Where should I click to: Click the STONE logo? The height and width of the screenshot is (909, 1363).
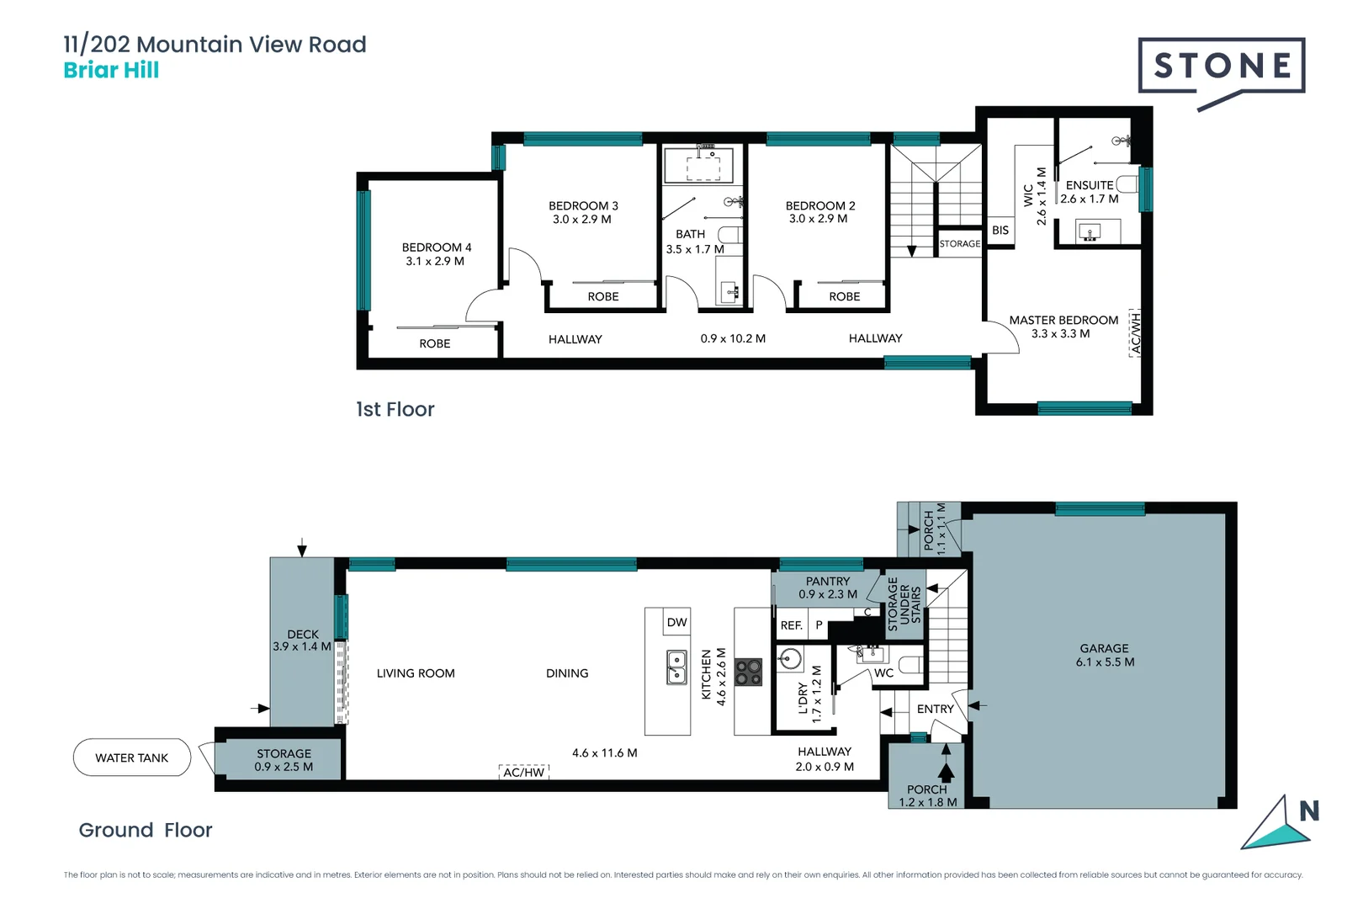1222,66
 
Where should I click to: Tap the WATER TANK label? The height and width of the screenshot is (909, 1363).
132,757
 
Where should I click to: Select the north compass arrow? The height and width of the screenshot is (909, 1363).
1276,825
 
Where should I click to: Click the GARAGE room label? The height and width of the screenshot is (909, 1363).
1104,649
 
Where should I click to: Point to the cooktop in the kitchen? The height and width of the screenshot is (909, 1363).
748,672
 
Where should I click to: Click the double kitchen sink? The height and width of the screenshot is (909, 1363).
676,667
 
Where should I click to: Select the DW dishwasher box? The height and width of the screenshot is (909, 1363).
676,623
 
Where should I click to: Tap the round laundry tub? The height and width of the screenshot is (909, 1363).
790,658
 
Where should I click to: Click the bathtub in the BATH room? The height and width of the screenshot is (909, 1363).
697,166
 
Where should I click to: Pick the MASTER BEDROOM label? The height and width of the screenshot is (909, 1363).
1063,321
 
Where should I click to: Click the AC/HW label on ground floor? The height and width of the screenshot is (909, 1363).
523,772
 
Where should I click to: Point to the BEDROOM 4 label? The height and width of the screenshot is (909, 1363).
436,247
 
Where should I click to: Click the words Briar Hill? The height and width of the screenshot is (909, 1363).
111,71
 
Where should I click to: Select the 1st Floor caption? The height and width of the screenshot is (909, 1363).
395,410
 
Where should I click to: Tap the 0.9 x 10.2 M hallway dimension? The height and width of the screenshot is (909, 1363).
733,338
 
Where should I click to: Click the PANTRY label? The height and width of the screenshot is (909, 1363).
828,582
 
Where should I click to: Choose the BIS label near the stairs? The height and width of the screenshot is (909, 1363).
1000,230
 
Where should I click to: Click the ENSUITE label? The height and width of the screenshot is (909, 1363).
1089,185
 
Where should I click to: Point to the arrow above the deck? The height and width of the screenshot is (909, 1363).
302,547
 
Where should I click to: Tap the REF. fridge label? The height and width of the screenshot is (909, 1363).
791,625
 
